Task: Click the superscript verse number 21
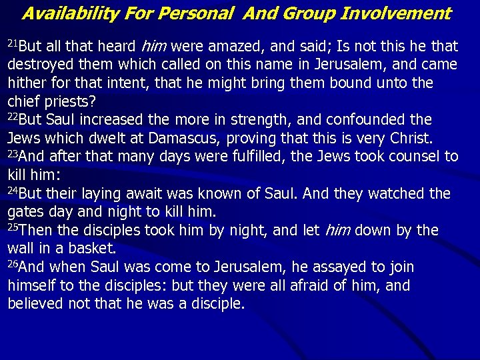tap(13, 43)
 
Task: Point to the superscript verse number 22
tap(13, 117)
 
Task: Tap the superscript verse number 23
tap(13, 154)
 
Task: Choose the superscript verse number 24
tap(13, 191)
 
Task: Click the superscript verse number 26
tap(13, 265)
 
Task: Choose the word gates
tap(25, 213)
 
